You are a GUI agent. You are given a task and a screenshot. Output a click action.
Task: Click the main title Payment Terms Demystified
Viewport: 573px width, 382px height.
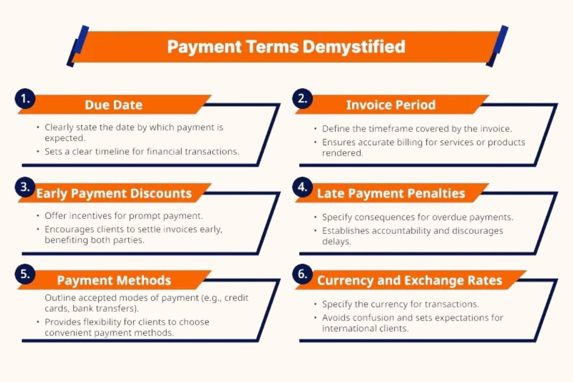click(x=286, y=47)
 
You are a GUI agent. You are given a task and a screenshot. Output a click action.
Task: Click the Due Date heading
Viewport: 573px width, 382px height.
click(x=114, y=105)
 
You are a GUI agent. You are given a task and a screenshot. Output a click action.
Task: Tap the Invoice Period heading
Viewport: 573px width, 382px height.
click(x=391, y=105)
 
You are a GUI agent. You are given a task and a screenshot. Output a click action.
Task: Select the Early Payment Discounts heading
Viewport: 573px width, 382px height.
click(x=114, y=193)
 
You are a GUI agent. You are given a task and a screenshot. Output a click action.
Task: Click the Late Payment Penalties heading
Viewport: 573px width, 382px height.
click(x=391, y=193)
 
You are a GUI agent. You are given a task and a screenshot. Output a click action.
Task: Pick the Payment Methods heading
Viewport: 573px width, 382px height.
click(x=114, y=280)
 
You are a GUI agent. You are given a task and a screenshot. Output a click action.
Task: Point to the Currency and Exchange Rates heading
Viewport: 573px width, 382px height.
click(x=410, y=280)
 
